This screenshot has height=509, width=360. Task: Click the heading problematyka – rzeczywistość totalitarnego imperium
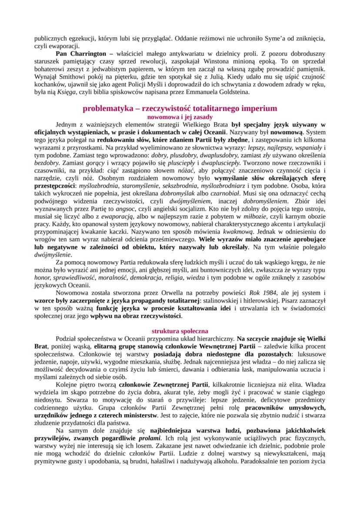point(180,108)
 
